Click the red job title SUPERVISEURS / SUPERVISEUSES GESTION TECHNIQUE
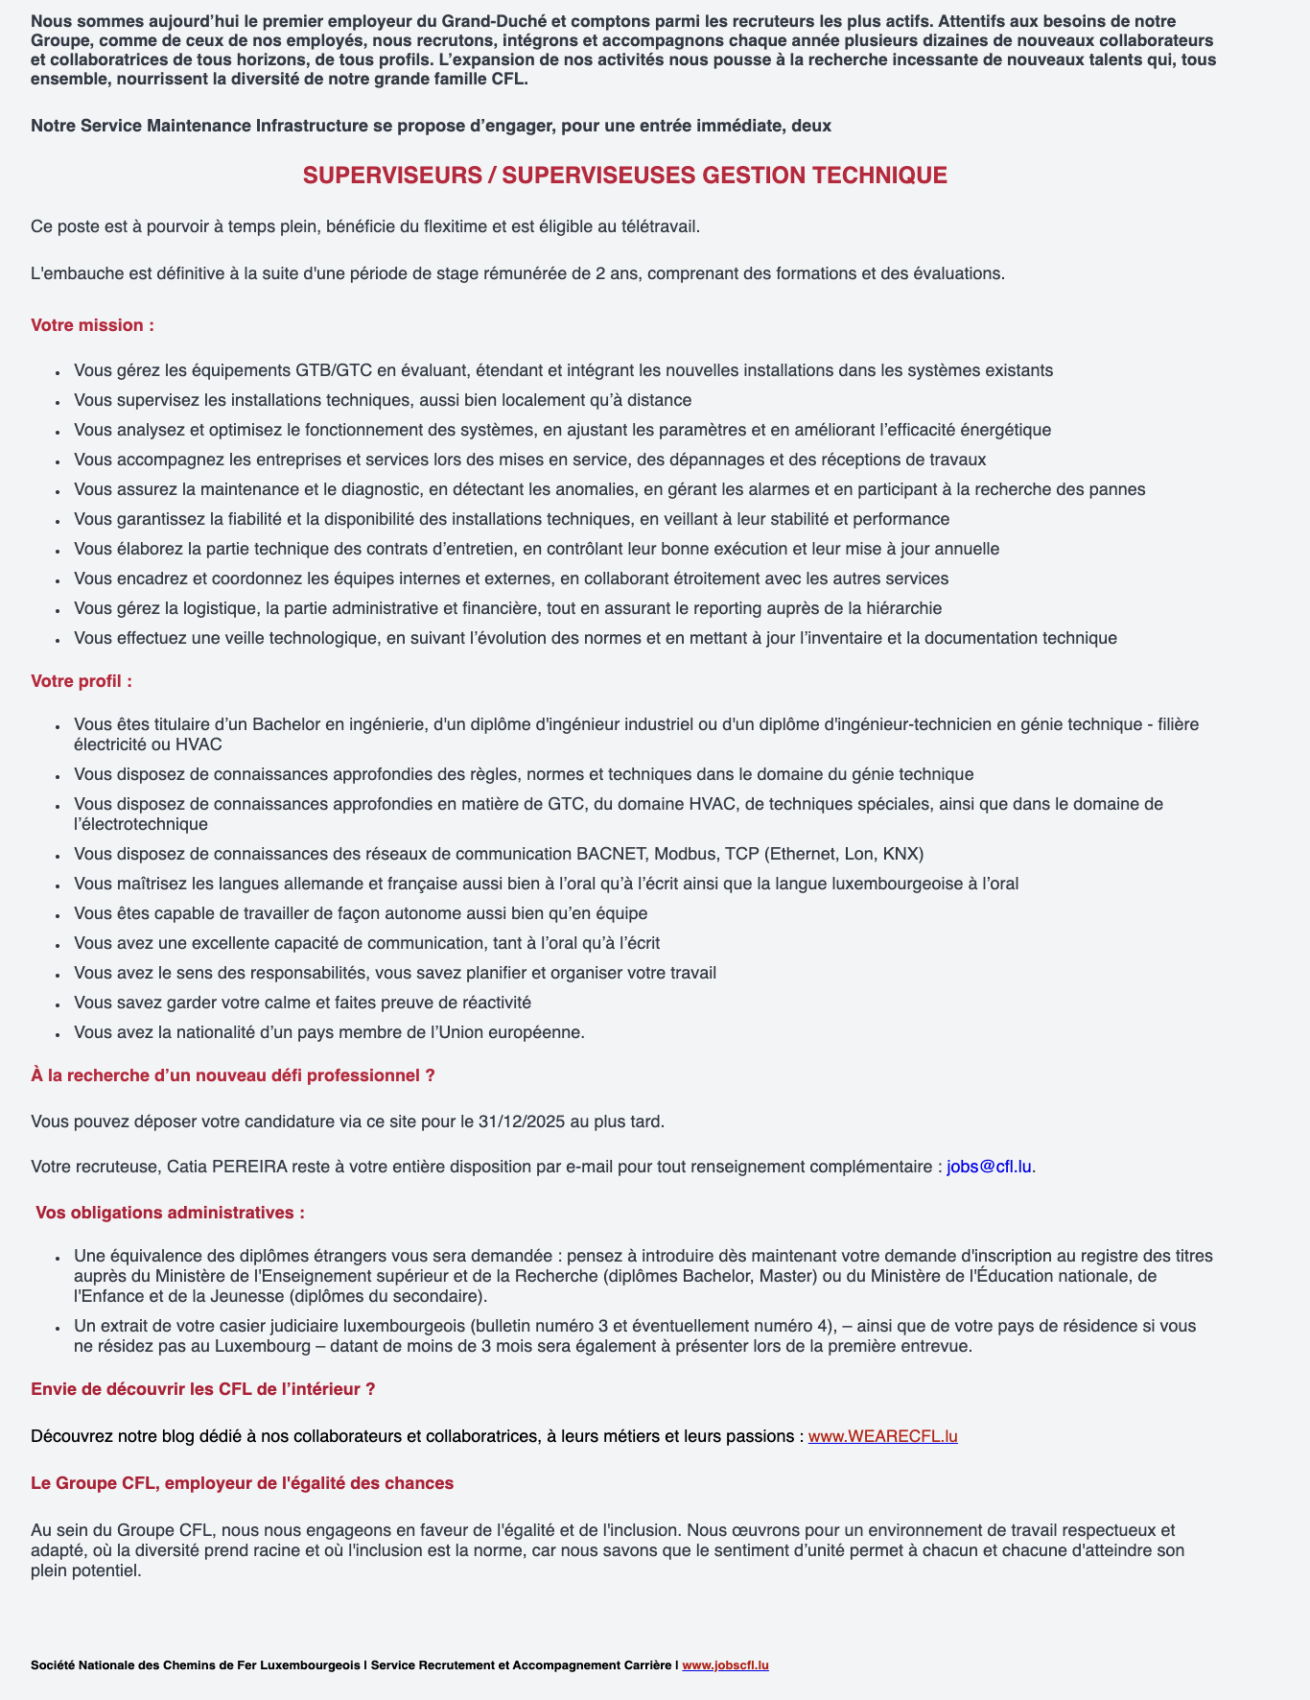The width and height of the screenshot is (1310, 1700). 624,176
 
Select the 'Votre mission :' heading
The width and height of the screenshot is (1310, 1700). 92,325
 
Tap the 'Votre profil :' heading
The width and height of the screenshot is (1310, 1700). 82,681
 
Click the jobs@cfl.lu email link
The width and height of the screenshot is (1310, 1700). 989,1167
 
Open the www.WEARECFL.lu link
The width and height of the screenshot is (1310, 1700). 882,1436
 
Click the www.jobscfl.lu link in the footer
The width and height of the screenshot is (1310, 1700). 725,1665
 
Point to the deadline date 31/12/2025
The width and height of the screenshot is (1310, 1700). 518,1121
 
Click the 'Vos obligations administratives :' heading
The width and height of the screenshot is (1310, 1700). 170,1213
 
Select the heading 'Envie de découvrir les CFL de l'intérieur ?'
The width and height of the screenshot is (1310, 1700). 202,1389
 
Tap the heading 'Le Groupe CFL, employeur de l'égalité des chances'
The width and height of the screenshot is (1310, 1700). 242,1483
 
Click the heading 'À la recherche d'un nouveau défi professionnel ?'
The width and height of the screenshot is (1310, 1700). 233,1075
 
